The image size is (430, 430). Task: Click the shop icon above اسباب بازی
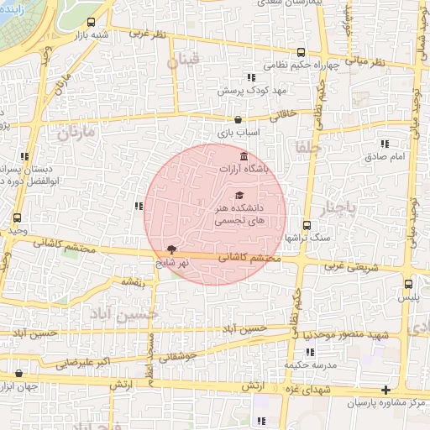[x=239, y=119]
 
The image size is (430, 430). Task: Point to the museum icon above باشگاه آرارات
[x=244, y=156]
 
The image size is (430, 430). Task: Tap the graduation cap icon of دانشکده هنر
[x=239, y=196]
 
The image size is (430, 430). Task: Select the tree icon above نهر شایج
[x=173, y=249]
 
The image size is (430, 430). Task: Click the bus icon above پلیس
[x=408, y=285]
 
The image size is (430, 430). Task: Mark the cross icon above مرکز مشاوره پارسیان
[x=385, y=391]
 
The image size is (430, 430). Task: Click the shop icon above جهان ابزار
[x=19, y=373]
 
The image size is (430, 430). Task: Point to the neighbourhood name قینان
[x=185, y=61]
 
